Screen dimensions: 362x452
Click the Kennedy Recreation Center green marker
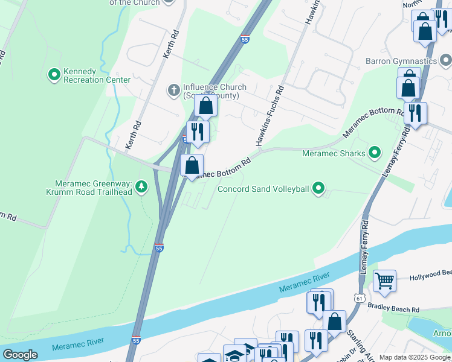pyautogui.click(x=54, y=75)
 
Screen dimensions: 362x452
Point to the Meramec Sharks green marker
pyautogui.click(x=375, y=153)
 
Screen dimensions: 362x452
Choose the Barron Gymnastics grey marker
pyautogui.click(x=446, y=61)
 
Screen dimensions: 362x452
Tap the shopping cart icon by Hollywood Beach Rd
pyautogui.click(x=384, y=281)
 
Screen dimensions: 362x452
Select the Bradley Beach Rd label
pyautogui.click(x=393, y=309)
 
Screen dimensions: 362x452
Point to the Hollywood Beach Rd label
pyautogui.click(x=430, y=278)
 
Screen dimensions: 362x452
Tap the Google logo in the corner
pyautogui.click(x=20, y=355)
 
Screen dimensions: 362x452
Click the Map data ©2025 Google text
pyautogui.click(x=415, y=357)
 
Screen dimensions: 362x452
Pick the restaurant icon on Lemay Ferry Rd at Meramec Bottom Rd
pyautogui.click(x=415, y=113)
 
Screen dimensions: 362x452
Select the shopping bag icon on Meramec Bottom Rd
pyautogui.click(x=192, y=165)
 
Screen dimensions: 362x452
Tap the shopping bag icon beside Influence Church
pyautogui.click(x=206, y=106)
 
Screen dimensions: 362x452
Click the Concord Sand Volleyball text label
pyautogui.click(x=263, y=189)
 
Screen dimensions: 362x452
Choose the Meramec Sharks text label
pyautogui.click(x=334, y=153)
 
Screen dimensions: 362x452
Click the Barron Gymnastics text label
pyautogui.click(x=401, y=61)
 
